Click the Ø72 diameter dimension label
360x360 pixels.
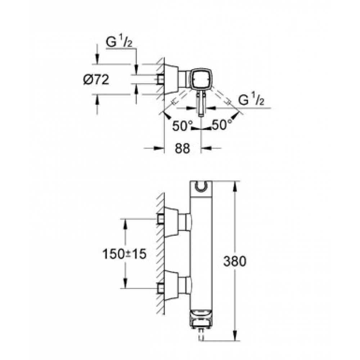(96, 80)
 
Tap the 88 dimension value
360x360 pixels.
(183, 148)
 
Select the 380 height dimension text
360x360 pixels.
(235, 261)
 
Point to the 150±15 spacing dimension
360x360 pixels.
(124, 254)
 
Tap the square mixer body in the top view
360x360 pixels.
(201, 78)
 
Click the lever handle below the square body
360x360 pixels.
(201, 103)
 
